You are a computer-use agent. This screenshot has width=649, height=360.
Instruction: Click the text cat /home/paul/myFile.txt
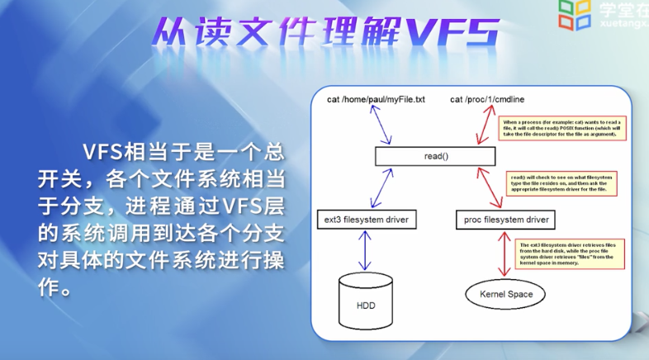(x=376, y=100)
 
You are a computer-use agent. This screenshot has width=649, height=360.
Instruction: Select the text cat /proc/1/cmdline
(x=493, y=100)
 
